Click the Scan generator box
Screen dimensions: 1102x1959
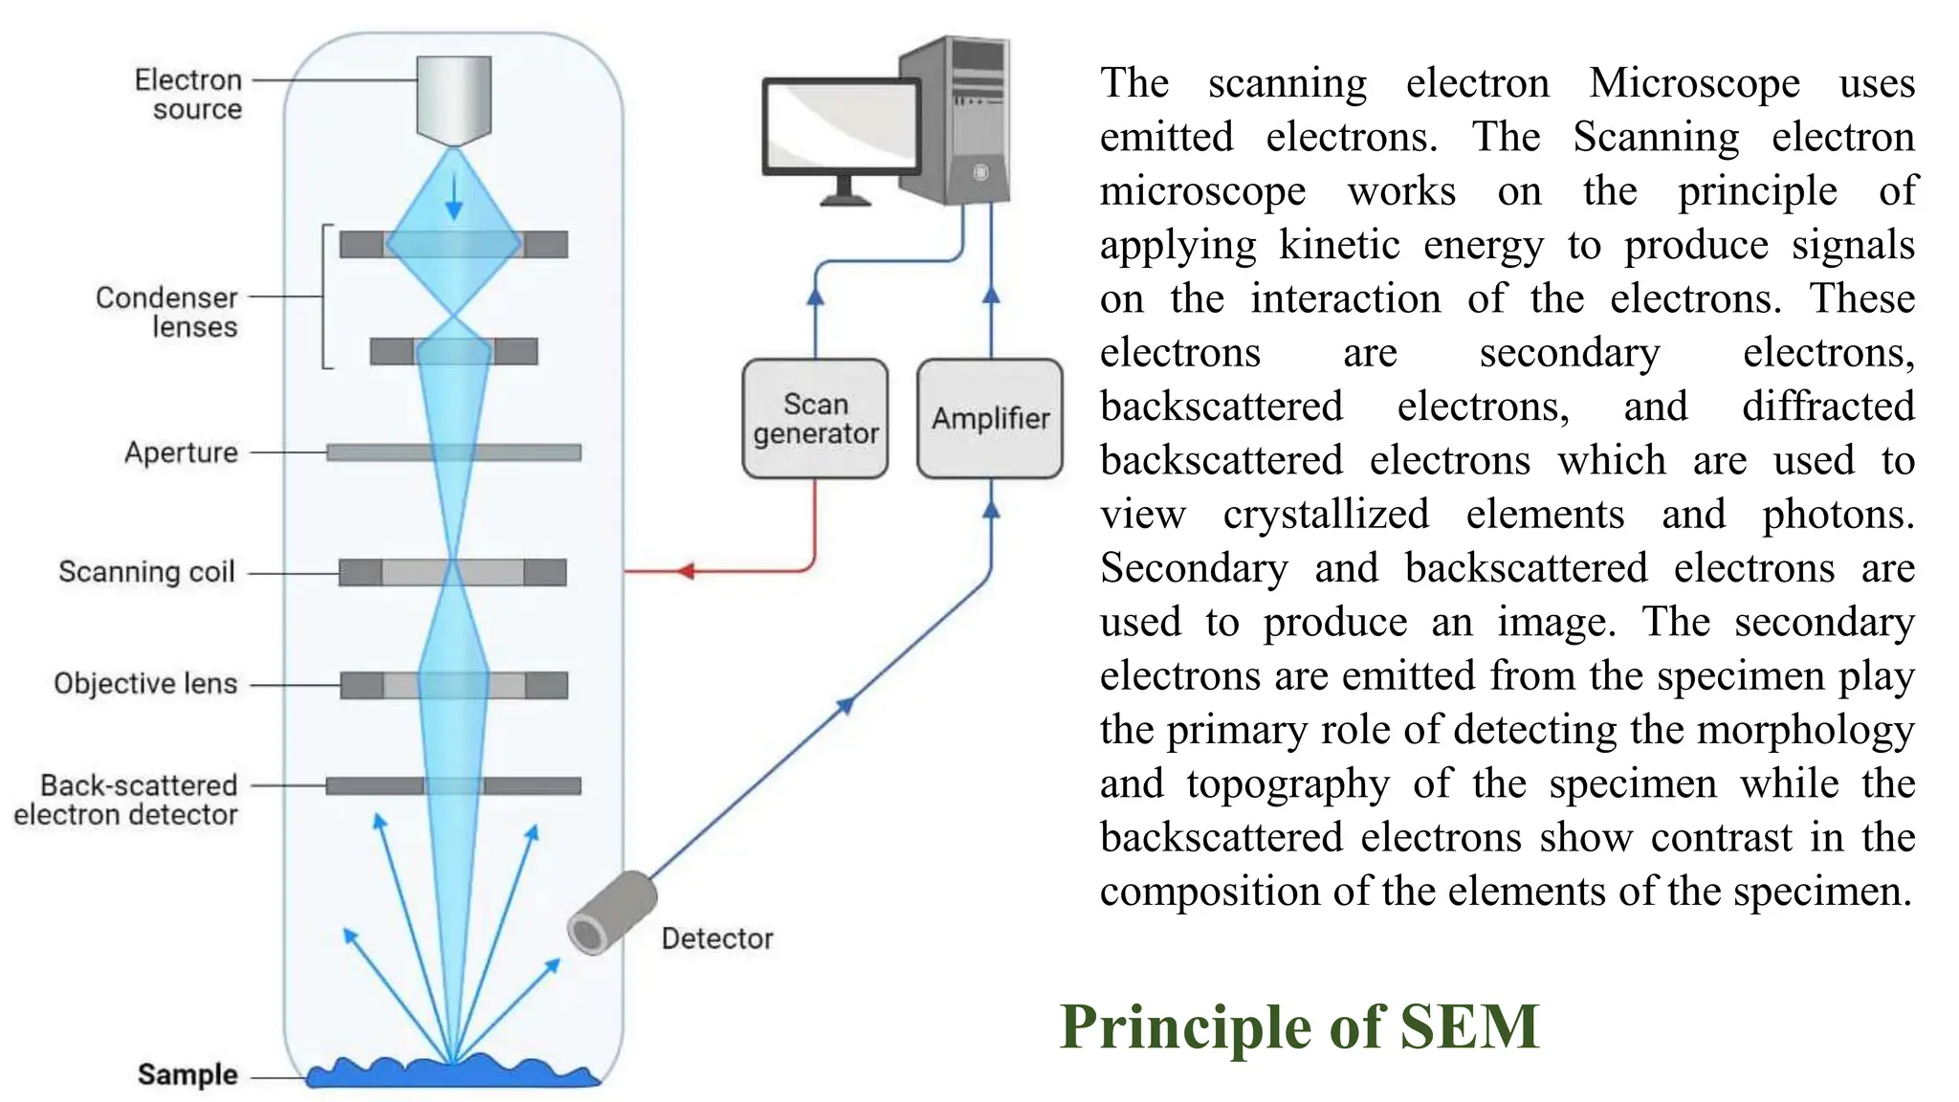tap(815, 419)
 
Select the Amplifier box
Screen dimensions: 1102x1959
tap(990, 419)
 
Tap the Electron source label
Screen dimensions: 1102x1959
tap(188, 94)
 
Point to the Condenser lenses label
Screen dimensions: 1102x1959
tap(167, 312)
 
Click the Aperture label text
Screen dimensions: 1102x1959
tap(181, 452)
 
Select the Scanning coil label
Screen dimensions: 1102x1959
tap(146, 572)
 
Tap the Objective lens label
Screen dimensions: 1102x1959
tap(145, 684)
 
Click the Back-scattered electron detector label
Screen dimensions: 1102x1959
tap(126, 800)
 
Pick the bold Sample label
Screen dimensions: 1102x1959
tap(187, 1074)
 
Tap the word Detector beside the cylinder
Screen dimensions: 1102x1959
tap(716, 938)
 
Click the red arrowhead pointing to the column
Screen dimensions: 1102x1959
tap(686, 571)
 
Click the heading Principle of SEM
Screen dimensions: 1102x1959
tap(1298, 1027)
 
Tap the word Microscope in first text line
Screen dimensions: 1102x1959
tap(1694, 83)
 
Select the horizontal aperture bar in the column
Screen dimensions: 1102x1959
tap(454, 452)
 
